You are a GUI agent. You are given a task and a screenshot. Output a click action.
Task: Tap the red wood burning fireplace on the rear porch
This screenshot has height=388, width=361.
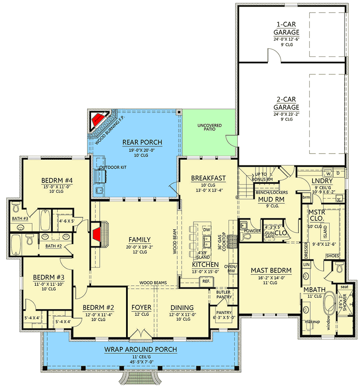[98, 117]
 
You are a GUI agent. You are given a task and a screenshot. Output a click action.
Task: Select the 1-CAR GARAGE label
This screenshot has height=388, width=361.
[287, 28]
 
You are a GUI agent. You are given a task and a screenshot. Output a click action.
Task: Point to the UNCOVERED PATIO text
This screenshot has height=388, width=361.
[210, 129]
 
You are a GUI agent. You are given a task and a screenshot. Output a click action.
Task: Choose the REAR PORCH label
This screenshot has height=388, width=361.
[142, 142]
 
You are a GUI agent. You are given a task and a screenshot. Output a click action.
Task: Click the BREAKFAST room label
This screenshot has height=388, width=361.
[208, 178]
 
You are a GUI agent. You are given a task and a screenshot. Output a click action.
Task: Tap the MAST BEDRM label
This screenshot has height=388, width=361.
[268, 270]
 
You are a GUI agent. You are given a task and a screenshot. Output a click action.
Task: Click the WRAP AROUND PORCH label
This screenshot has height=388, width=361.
[140, 350]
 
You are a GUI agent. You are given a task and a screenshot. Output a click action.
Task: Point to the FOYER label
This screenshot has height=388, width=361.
[141, 308]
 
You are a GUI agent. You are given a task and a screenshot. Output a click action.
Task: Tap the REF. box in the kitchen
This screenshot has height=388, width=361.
[206, 281]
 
